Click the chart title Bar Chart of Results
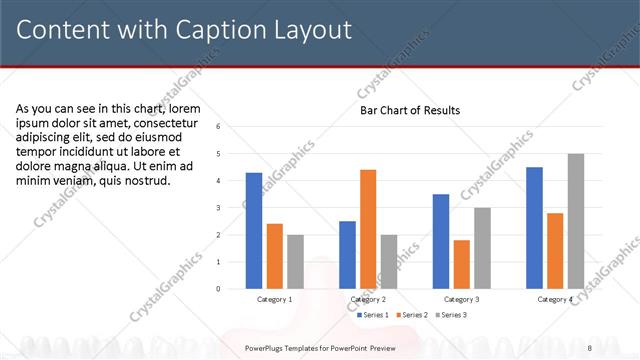coord(410,110)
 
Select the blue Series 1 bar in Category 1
coord(254,231)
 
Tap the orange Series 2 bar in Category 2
coord(368,229)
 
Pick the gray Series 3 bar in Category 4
coord(575,221)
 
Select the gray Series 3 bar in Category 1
coord(295,262)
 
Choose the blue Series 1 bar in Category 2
coord(347,255)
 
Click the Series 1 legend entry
coord(372,315)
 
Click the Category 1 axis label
coord(275,299)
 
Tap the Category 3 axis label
coord(461,299)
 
